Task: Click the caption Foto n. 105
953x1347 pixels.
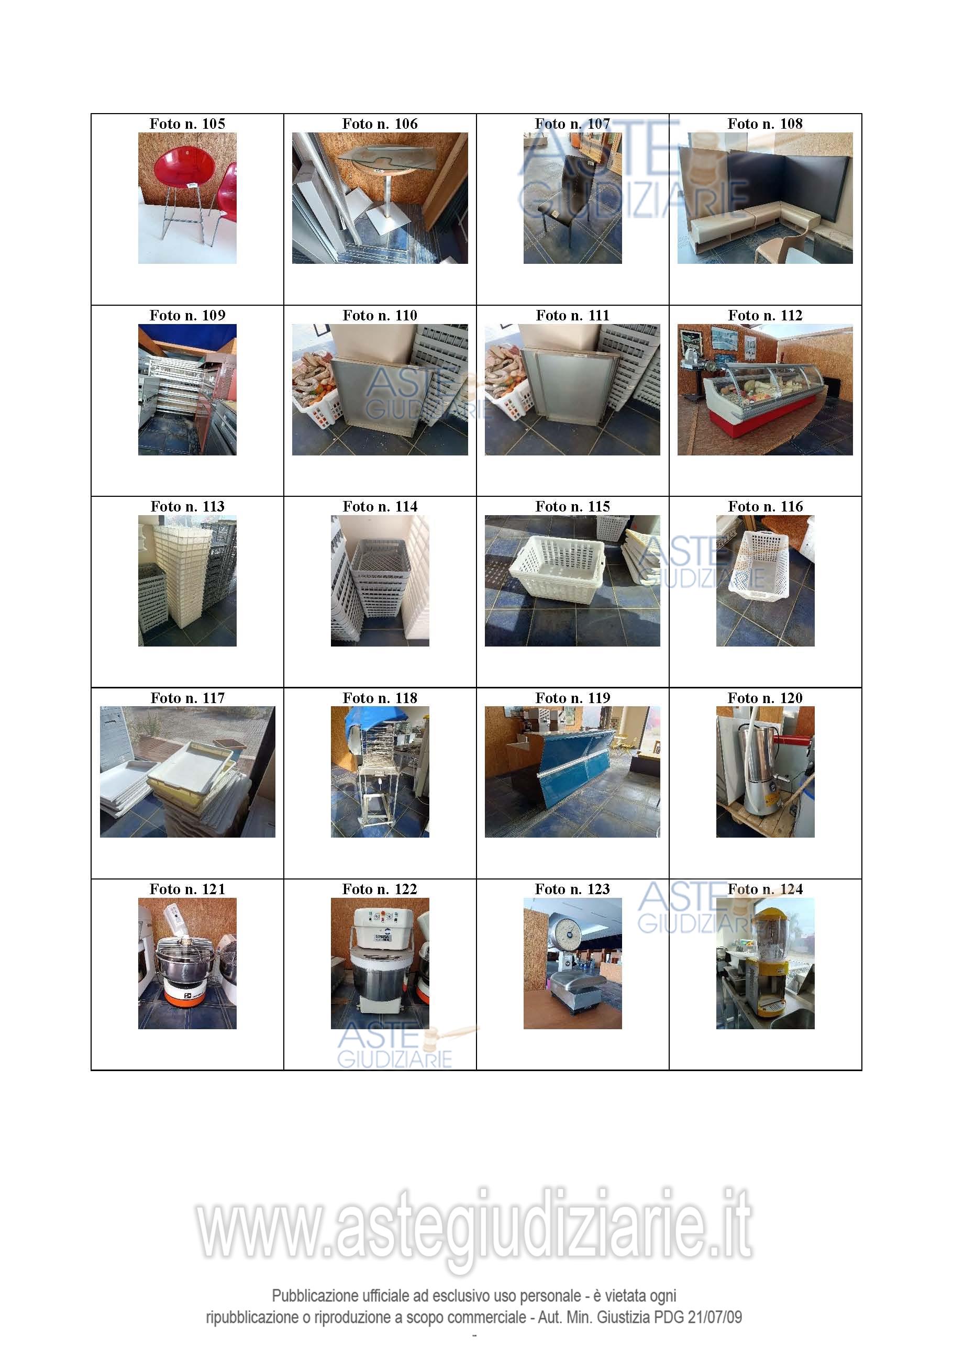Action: coord(187,124)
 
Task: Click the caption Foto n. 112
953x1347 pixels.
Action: coord(765,316)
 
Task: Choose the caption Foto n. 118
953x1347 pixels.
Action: coord(380,698)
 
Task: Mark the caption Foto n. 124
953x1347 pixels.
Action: coord(765,889)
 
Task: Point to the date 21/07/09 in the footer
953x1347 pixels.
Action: coord(715,1317)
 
